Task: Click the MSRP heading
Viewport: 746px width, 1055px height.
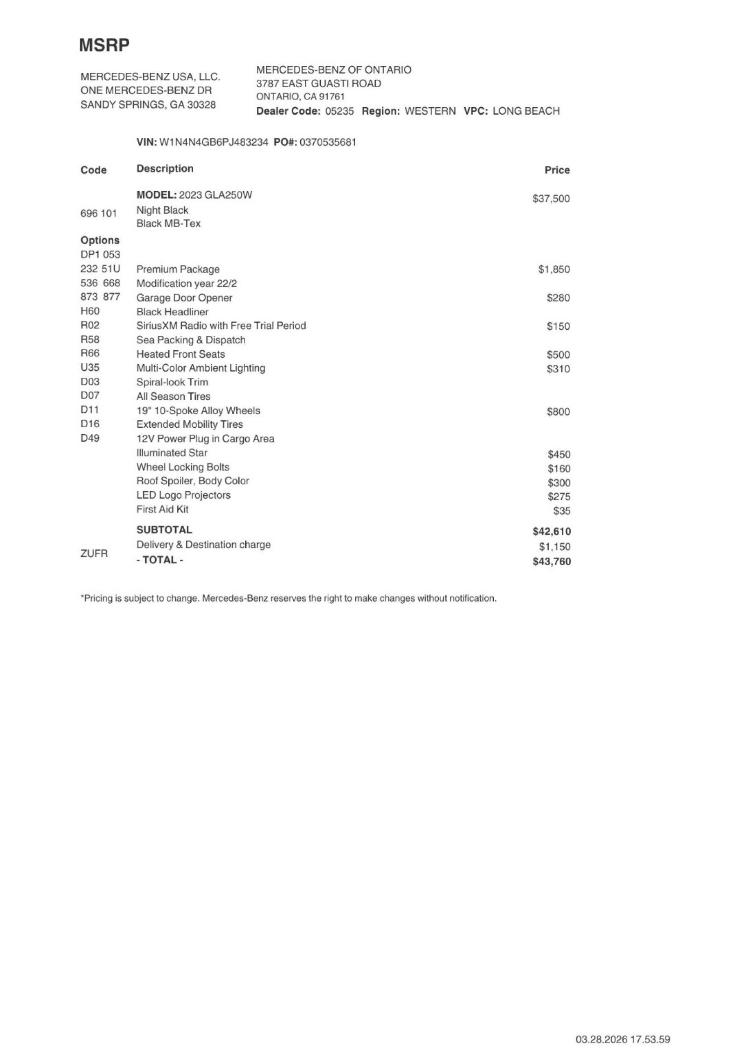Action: click(104, 45)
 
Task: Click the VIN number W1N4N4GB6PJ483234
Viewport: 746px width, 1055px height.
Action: click(214, 142)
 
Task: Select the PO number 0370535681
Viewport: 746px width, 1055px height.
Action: click(328, 142)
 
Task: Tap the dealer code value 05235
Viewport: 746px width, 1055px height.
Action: click(339, 111)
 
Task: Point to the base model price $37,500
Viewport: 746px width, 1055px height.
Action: click(551, 199)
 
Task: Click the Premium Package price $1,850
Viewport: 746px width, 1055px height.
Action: click(554, 270)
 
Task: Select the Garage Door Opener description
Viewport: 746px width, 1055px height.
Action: click(184, 298)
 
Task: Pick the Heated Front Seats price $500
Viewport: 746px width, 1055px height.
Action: click(558, 355)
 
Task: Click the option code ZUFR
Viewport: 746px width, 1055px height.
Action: click(94, 554)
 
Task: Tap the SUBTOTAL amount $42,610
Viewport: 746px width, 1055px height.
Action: click(552, 531)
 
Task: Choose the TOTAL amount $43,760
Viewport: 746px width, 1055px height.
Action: click(552, 562)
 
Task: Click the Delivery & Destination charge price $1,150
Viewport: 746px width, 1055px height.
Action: click(554, 547)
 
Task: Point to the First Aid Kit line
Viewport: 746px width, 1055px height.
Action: click(162, 509)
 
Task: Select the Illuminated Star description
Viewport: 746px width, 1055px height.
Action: click(172, 453)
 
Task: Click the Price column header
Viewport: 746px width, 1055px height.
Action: click(557, 170)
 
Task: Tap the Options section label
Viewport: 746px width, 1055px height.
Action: click(100, 240)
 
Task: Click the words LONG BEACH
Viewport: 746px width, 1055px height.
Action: click(526, 111)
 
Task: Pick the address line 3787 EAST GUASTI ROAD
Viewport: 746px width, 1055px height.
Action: click(318, 84)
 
